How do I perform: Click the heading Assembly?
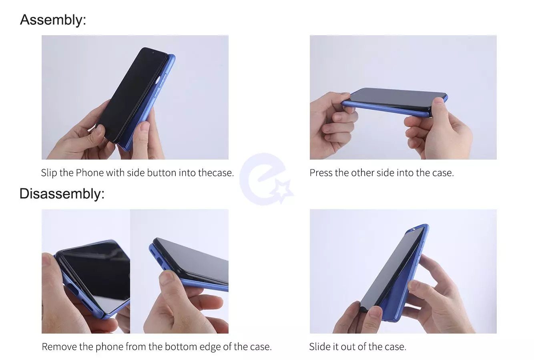click(53, 20)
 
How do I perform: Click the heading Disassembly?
click(62, 194)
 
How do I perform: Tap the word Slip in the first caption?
click(49, 173)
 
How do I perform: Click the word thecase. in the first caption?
click(216, 173)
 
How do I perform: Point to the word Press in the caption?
click(321, 173)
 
